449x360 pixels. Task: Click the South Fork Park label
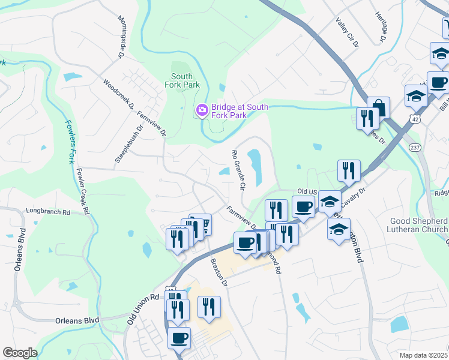pos(185,80)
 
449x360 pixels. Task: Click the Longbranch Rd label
pos(48,212)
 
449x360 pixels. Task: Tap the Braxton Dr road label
pos(217,272)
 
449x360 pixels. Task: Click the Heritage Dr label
pos(379,28)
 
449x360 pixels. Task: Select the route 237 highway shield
pos(414,147)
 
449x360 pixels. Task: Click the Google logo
pos(20,353)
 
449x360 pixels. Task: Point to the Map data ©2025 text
pos(423,355)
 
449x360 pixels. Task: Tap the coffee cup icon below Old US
pos(304,208)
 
